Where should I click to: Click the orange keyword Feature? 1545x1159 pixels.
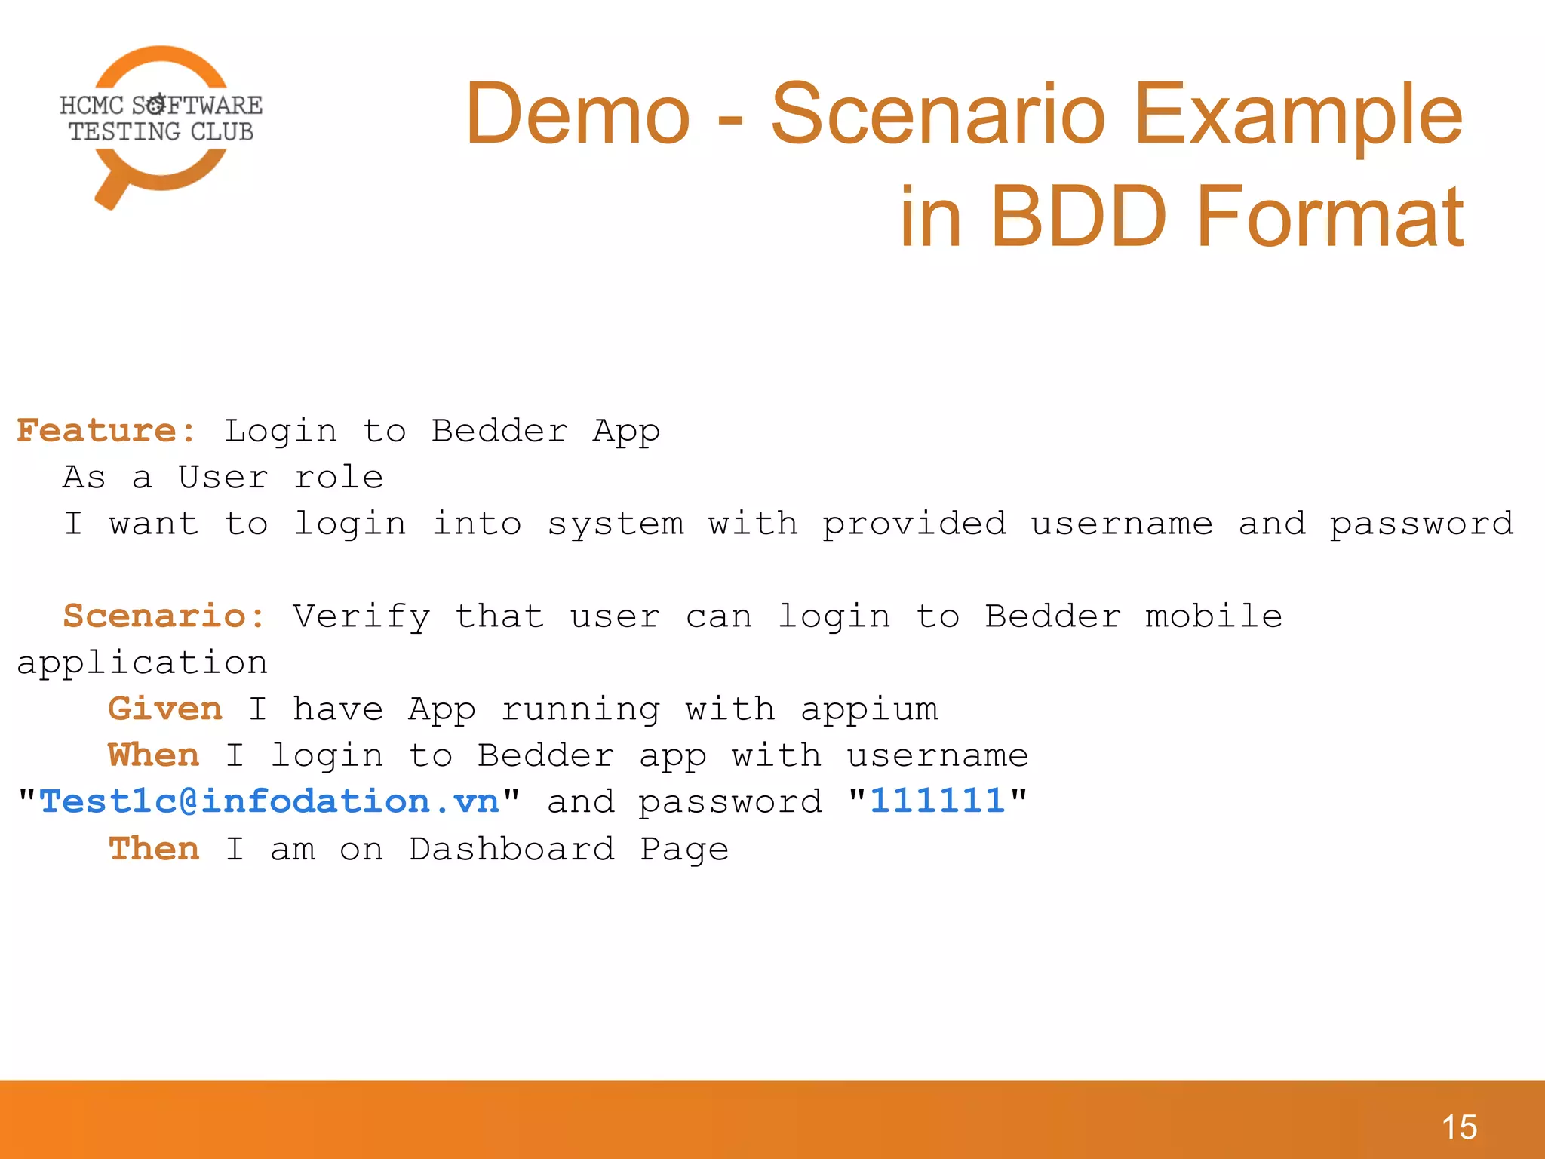pyautogui.click(x=106, y=431)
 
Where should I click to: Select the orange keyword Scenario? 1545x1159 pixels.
pyautogui.click(x=164, y=616)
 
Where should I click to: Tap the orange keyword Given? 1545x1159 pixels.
pyautogui.click(x=165, y=709)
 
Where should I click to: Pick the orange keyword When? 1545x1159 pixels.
pyautogui.click(x=154, y=755)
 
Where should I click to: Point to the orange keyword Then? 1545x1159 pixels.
pyautogui.click(x=154, y=849)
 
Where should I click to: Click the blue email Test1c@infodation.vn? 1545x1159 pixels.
pyautogui.click(x=269, y=801)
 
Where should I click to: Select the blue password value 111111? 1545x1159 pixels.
pyautogui.click(x=937, y=801)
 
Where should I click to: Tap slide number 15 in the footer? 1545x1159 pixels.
pyautogui.click(x=1459, y=1127)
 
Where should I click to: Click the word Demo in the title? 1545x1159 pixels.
pyautogui.click(x=577, y=115)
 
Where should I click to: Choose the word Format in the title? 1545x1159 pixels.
pyautogui.click(x=1329, y=217)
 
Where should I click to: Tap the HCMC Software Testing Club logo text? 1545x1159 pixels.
pyautogui.click(x=161, y=118)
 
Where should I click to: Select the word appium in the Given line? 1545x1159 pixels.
pyautogui.click(x=869, y=710)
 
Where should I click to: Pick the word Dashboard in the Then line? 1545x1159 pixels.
pyautogui.click(x=512, y=849)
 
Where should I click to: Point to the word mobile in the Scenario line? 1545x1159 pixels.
pyautogui.click(x=1213, y=616)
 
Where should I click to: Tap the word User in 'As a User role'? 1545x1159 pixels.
pyautogui.click(x=223, y=478)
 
